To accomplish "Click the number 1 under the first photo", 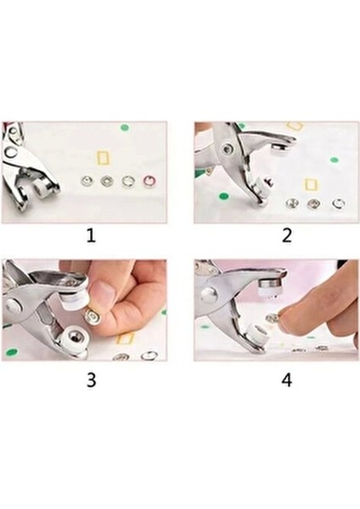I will click(91, 236).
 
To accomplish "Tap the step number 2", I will click(286, 236).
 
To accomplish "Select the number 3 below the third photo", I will click(91, 379).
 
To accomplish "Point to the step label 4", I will click(286, 379).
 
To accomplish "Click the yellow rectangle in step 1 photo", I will click(104, 158).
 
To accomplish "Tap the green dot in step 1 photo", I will click(125, 128).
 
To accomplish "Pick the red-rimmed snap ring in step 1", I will click(149, 181).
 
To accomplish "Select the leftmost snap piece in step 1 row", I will click(86, 181).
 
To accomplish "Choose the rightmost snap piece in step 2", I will click(338, 204).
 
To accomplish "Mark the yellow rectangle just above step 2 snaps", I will click(312, 184).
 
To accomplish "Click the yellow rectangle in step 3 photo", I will click(125, 338).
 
